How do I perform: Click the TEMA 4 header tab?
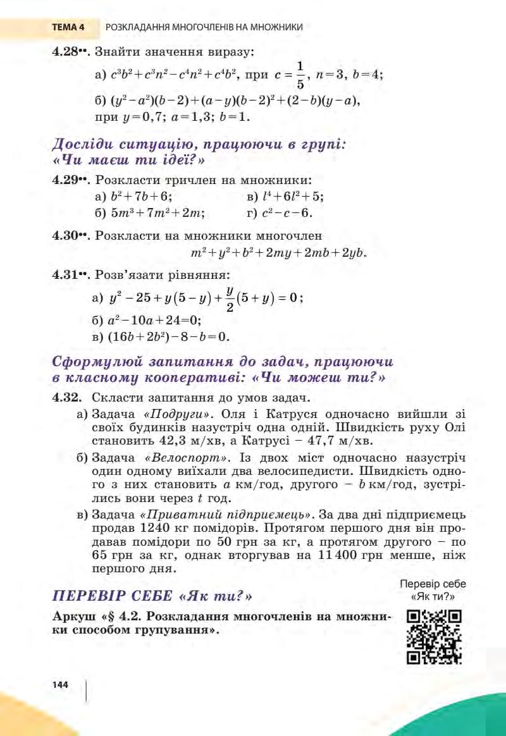(x=68, y=27)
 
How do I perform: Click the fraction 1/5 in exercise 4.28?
(x=300, y=74)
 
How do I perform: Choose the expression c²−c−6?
(x=287, y=213)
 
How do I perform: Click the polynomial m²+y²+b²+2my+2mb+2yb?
(x=278, y=254)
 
